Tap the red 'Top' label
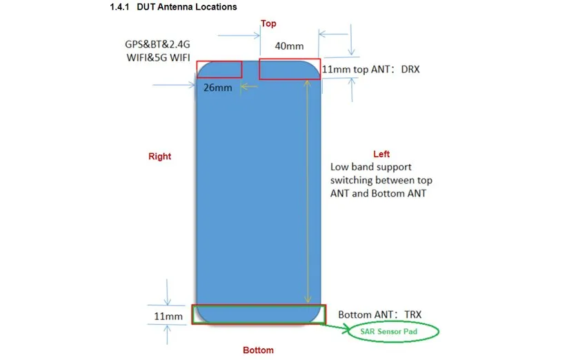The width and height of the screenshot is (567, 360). (x=268, y=24)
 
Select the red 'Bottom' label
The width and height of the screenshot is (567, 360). (x=258, y=350)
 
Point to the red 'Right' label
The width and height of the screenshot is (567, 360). (x=159, y=157)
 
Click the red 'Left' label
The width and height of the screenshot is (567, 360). (x=381, y=154)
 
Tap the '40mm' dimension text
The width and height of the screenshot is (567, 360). (x=289, y=46)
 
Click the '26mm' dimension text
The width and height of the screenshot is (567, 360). (x=217, y=88)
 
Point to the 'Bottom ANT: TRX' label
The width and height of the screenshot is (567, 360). (x=379, y=315)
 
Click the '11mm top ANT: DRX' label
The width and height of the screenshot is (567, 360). (x=371, y=69)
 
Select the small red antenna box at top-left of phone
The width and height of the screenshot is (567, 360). (x=219, y=69)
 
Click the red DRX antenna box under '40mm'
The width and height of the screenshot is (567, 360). (x=290, y=69)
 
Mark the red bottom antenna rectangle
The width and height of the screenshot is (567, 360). (x=259, y=314)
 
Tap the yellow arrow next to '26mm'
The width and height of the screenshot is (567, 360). (x=249, y=87)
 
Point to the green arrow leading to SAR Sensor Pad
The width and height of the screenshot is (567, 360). (x=337, y=328)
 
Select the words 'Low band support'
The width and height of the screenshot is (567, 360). (x=371, y=167)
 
